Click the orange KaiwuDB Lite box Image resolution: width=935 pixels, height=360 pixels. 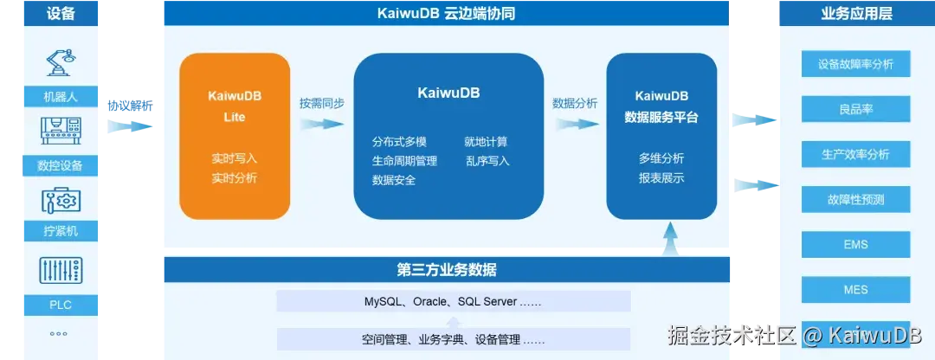tap(234, 136)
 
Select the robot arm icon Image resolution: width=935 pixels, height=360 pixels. tap(61, 63)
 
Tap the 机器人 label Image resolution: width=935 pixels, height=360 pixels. tap(61, 96)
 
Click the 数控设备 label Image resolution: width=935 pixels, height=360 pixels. tap(61, 165)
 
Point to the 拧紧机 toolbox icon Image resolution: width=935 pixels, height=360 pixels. tap(61, 201)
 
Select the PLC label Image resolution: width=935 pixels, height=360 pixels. tap(61, 304)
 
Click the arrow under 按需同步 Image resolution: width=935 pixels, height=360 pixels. tap(322, 124)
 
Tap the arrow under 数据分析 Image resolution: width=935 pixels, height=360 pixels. tap(575, 124)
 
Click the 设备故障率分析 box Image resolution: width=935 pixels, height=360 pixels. tap(855, 64)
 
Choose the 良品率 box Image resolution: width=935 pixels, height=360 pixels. tap(855, 110)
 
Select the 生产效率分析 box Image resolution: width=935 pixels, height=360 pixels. tap(855, 155)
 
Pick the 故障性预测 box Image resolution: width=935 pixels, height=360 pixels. tap(855, 200)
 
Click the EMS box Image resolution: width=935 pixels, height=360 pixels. tap(855, 245)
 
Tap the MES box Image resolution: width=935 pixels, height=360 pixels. tap(855, 290)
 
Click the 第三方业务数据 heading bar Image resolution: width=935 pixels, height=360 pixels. tap(447, 269)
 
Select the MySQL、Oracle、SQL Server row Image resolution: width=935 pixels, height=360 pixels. tap(453, 301)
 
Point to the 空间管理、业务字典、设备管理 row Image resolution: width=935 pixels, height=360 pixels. tap(453, 339)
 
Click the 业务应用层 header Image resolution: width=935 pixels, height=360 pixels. tap(855, 13)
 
